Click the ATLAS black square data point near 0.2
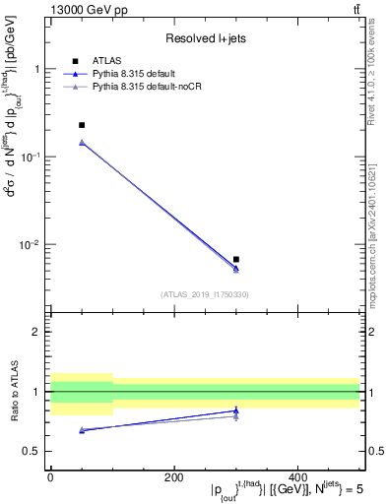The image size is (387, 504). click(x=82, y=125)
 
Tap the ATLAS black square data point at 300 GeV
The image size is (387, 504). click(x=236, y=259)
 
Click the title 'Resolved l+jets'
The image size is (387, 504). click(x=206, y=38)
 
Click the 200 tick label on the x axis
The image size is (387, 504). click(x=174, y=477)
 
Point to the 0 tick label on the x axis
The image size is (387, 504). click(x=50, y=477)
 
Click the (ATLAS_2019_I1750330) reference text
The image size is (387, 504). click(x=206, y=293)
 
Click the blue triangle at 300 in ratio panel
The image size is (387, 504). click(x=236, y=410)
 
